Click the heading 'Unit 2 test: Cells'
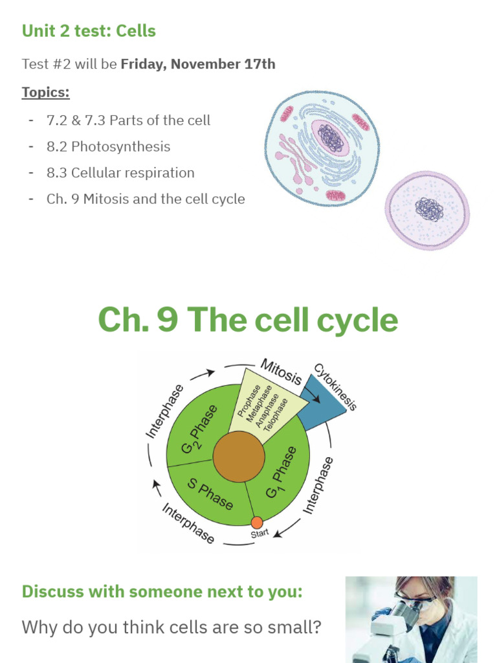tap(89, 31)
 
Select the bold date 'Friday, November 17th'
tap(197, 64)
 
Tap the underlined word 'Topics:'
tap(45, 92)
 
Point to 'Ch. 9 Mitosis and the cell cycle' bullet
tap(146, 199)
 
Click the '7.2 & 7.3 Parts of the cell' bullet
tap(128, 120)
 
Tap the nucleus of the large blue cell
tap(331, 138)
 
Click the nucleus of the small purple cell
tap(429, 208)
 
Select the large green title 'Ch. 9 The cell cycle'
tap(248, 319)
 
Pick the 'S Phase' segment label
tap(210, 492)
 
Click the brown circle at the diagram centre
tap(239, 457)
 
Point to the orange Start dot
tap(257, 523)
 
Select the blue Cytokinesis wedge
tap(319, 402)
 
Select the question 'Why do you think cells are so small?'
tap(171, 627)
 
